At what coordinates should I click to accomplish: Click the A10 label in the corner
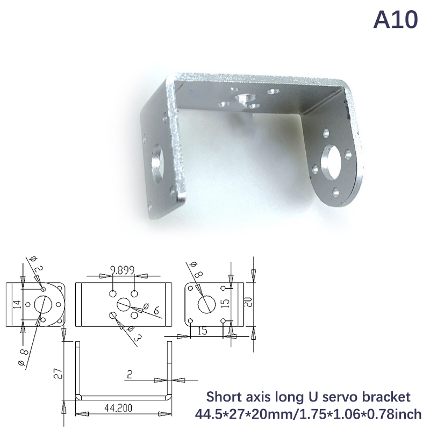396,20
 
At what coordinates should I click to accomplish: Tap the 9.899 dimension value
123,270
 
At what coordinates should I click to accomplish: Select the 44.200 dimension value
118,408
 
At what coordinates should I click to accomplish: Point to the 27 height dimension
58,374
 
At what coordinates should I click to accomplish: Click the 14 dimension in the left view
17,304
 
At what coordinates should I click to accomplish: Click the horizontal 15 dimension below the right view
202,331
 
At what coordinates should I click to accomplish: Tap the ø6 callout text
152,309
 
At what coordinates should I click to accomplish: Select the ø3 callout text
134,334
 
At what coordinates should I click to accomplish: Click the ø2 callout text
37,264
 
